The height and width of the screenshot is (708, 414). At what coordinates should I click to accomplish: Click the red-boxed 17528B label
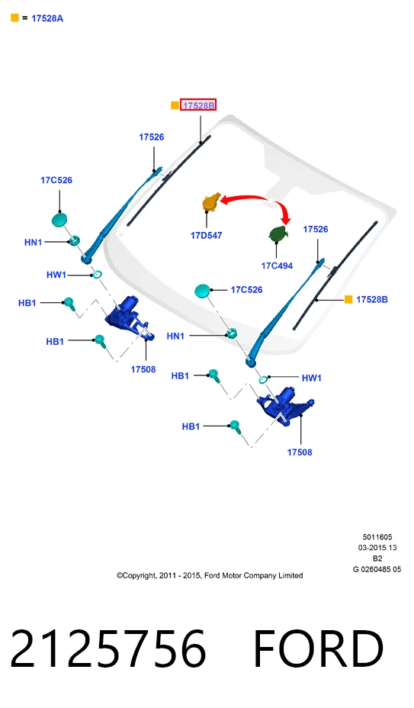pos(198,105)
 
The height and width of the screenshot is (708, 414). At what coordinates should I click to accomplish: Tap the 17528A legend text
pos(47,18)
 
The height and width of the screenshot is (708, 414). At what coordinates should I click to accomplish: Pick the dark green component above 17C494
pos(278,233)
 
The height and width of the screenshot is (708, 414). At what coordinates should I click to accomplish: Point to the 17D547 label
pos(207,235)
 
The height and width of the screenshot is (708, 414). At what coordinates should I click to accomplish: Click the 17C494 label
pos(277,266)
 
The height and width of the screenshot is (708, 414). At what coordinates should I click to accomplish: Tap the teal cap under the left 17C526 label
pos(59,220)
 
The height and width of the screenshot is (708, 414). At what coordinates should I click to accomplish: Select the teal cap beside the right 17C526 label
pos(202,291)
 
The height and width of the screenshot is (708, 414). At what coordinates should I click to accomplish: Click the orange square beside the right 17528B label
pos(348,299)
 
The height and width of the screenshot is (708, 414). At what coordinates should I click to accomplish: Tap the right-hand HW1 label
pos(312,378)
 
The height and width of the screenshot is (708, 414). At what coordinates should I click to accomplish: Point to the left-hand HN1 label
pos(33,243)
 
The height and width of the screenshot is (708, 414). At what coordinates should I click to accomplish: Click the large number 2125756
pos(108,648)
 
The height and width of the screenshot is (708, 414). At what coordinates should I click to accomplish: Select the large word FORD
pos(319,648)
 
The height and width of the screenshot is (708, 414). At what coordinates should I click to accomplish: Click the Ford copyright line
pos(210,576)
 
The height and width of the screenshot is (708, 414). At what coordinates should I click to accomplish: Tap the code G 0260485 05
pos(377,569)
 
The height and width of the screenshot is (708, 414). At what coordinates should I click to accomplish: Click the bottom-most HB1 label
pos(191,426)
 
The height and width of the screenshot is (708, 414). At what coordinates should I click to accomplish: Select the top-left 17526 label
pos(151,137)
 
